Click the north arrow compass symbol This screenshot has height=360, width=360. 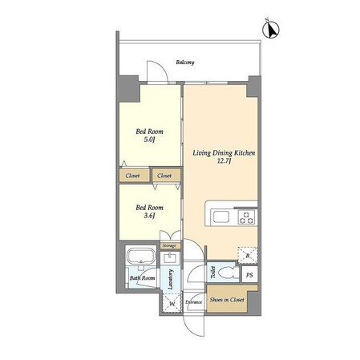(x=271, y=29)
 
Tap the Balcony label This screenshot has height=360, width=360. (x=185, y=63)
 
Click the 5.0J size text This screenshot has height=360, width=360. (x=149, y=140)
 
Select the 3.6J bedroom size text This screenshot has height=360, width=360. (x=149, y=216)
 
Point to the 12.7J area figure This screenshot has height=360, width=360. (x=224, y=161)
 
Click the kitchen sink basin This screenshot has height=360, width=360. (x=221, y=216)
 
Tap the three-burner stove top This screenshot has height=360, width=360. (x=247, y=217)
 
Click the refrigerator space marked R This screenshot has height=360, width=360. (x=248, y=256)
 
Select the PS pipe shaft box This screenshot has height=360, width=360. (x=249, y=274)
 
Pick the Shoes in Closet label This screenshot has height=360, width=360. (x=227, y=300)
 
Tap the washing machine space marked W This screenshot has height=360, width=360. (x=172, y=303)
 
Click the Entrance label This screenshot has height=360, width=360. (x=194, y=302)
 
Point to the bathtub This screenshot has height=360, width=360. (x=141, y=256)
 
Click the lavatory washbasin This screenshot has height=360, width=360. (x=170, y=258)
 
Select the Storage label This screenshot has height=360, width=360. (x=169, y=245)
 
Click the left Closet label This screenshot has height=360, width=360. (x=132, y=176)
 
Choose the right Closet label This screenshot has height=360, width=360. (x=164, y=176)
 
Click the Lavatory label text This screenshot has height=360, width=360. (x=171, y=280)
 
